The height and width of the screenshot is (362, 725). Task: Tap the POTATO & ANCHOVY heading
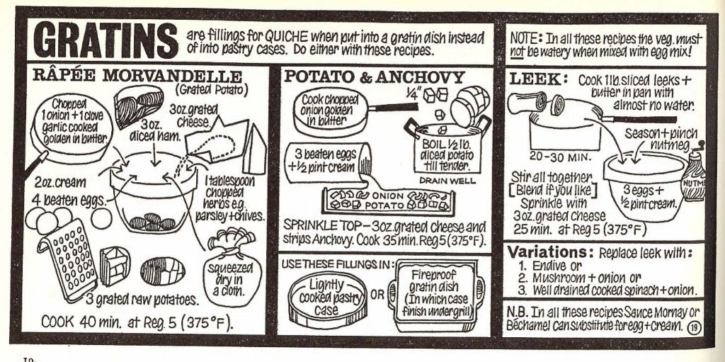[x=375, y=77]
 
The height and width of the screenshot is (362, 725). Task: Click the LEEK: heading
[x=535, y=80]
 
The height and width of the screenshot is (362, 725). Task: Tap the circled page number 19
[x=696, y=327]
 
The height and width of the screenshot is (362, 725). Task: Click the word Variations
[x=550, y=253]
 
